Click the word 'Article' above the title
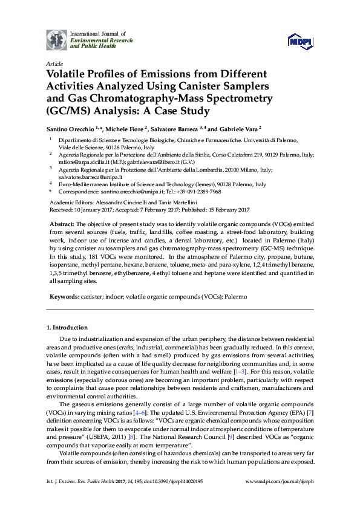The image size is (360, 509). (x=53, y=63)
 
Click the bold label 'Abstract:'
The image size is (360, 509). (x=62, y=224)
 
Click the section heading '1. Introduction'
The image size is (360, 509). (x=67, y=327)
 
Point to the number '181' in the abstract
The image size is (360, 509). (x=98, y=258)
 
